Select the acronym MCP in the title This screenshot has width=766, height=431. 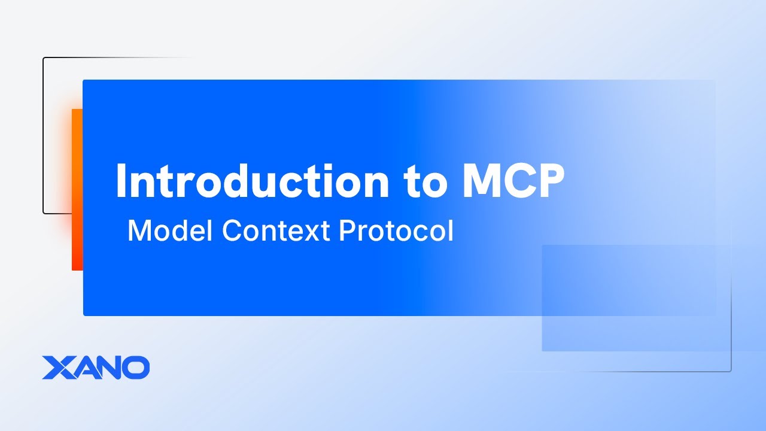coord(513,180)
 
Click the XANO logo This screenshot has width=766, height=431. coord(96,368)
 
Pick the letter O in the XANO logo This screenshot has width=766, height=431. coord(136,368)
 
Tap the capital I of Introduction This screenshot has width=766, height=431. coord(122,180)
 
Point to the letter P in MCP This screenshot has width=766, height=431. coord(549,180)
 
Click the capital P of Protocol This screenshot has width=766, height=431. coord(346,231)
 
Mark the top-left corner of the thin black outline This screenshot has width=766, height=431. coord(44,59)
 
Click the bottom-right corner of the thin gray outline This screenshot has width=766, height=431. coord(730,371)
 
